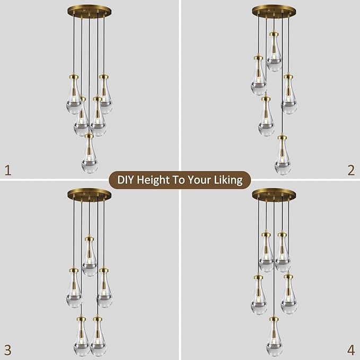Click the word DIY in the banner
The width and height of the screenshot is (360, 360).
(x=126, y=180)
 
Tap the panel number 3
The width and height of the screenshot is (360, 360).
(x=7, y=350)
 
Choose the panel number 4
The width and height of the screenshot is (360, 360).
(x=350, y=350)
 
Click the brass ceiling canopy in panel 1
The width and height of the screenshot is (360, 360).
(x=89, y=11)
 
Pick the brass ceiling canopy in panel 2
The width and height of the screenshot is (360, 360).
(x=274, y=11)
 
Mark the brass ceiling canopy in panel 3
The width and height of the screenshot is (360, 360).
(x=89, y=195)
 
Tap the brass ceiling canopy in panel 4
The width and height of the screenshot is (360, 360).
(x=274, y=195)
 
